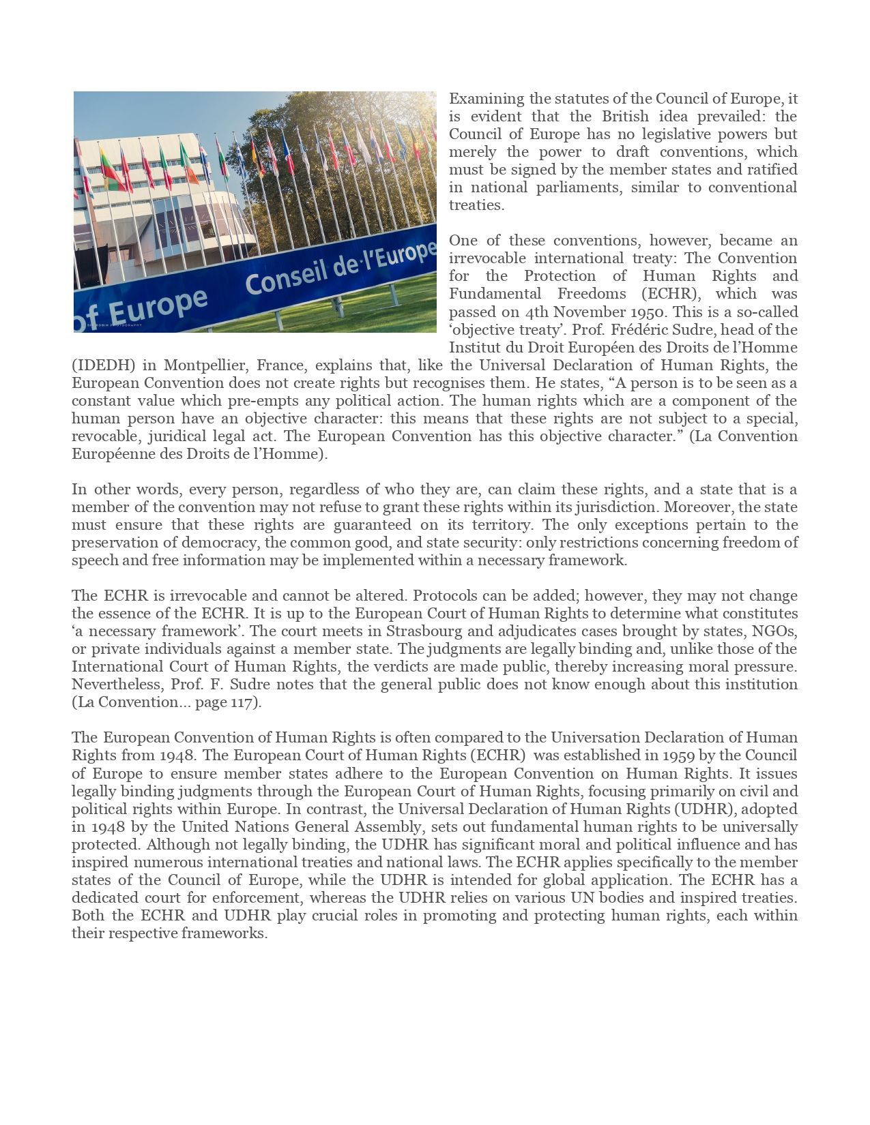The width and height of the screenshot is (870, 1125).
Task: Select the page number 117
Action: click(242, 702)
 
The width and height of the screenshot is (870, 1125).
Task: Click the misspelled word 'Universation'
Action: click(595, 737)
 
